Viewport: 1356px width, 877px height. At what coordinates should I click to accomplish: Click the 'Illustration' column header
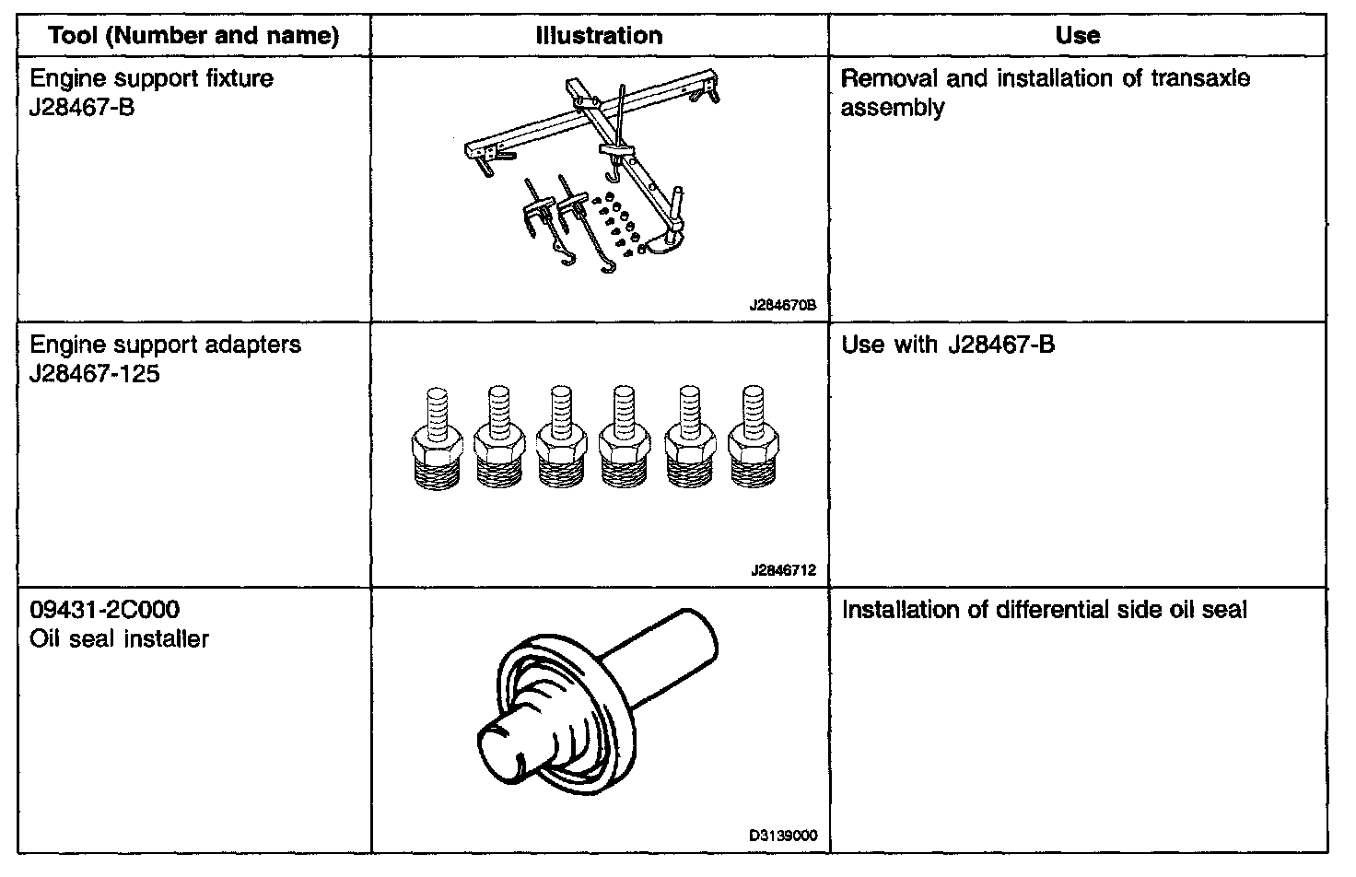[599, 36]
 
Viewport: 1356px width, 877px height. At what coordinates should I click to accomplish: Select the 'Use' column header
[1077, 36]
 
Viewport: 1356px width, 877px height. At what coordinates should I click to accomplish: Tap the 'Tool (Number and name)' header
[193, 36]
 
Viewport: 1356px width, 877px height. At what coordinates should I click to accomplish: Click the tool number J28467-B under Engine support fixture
[83, 108]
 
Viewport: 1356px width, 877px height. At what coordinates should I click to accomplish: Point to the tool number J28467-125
[95, 374]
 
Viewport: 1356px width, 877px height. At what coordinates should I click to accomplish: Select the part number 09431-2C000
[105, 610]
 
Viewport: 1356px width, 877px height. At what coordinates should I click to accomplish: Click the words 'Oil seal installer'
[120, 639]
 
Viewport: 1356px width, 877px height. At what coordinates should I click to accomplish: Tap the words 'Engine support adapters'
[166, 345]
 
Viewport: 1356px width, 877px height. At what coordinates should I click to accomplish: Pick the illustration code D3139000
[783, 836]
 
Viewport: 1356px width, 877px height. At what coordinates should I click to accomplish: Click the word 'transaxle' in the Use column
[1200, 78]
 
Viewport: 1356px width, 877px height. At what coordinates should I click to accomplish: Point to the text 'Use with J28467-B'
[949, 345]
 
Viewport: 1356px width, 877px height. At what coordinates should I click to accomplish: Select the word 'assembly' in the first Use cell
[893, 108]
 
